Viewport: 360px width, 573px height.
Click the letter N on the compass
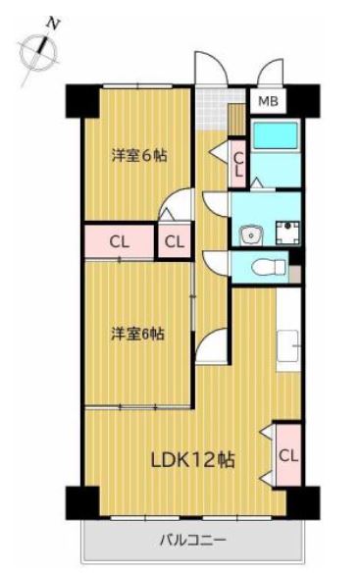[53, 25]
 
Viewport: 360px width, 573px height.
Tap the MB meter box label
[268, 101]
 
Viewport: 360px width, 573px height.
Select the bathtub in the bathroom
[276, 135]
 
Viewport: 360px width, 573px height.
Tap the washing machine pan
[287, 233]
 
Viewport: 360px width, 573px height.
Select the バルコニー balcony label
[193, 540]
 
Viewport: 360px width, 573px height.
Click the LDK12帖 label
[192, 460]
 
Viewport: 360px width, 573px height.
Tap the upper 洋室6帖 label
[139, 156]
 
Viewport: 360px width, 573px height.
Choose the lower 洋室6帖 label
[137, 334]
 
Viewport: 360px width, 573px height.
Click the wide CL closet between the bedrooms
[119, 241]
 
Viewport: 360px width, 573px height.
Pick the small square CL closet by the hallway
[175, 241]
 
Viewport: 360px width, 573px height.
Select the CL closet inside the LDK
[288, 455]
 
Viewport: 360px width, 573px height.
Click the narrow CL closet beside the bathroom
[238, 164]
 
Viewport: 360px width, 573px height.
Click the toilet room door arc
[217, 262]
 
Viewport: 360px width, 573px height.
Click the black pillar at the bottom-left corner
[82, 502]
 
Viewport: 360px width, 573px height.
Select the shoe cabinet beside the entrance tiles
[237, 120]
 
